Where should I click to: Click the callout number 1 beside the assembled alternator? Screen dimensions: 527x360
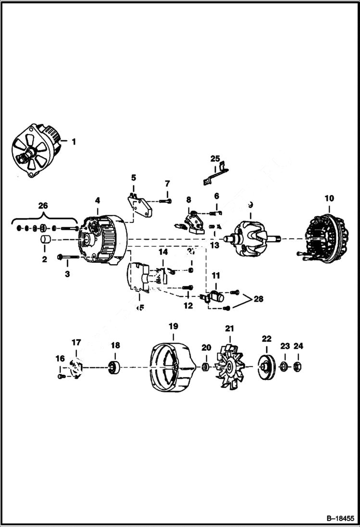pos(74,142)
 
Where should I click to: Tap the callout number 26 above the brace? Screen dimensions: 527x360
pos(43,206)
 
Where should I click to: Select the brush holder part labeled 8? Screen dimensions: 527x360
pos(194,221)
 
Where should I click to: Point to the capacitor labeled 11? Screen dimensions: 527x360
pos(217,297)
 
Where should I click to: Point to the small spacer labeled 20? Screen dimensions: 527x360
pos(205,368)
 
